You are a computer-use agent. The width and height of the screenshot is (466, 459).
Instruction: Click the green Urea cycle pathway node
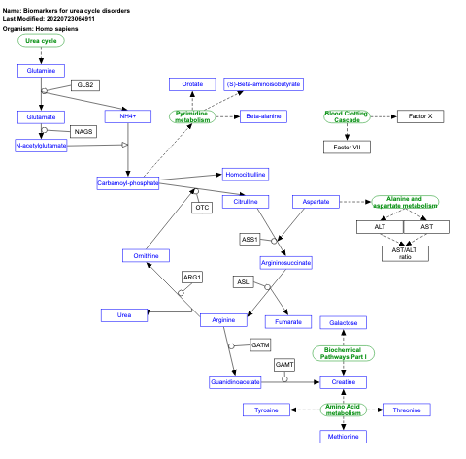41,42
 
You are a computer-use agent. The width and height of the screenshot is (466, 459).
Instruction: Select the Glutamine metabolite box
41,71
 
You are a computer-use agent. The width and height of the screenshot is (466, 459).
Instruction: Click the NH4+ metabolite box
127,116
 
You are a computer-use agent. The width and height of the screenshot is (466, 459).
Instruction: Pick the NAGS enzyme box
83,132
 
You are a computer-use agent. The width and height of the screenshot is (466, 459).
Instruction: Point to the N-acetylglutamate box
41,146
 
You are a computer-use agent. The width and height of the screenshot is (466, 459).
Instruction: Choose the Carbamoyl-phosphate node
128,182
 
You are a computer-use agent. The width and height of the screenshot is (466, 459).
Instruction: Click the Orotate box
192,84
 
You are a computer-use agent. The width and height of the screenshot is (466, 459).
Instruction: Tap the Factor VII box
348,147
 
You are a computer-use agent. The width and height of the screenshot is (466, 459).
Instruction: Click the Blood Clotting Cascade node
348,116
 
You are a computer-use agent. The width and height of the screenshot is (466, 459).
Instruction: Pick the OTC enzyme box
202,207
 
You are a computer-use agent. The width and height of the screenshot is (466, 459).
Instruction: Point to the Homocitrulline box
245,175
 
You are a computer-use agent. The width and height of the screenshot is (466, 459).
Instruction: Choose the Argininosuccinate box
285,262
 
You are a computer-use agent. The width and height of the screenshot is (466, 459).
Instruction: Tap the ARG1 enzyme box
192,279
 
